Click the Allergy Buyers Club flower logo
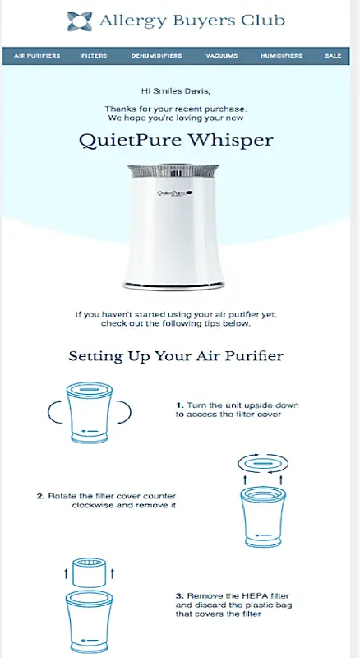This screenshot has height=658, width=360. [79, 21]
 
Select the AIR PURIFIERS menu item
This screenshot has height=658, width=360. [37, 56]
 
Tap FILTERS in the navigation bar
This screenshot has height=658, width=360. [95, 56]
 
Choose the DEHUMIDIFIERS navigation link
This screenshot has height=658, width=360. [156, 56]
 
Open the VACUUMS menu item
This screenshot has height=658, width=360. [222, 56]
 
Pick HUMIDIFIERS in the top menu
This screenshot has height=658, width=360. [282, 56]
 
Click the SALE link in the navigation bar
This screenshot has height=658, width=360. [333, 56]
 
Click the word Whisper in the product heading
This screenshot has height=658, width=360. [230, 140]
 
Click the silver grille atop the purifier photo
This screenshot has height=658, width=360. [173, 171]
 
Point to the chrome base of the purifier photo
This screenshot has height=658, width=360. [173, 285]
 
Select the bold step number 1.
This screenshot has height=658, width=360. [179, 405]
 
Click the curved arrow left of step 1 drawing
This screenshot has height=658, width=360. [55, 413]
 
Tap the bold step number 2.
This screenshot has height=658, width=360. [40, 497]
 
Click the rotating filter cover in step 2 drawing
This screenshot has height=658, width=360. [263, 464]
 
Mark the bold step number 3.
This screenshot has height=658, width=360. [179, 595]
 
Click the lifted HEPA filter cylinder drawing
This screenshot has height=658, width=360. [89, 572]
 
